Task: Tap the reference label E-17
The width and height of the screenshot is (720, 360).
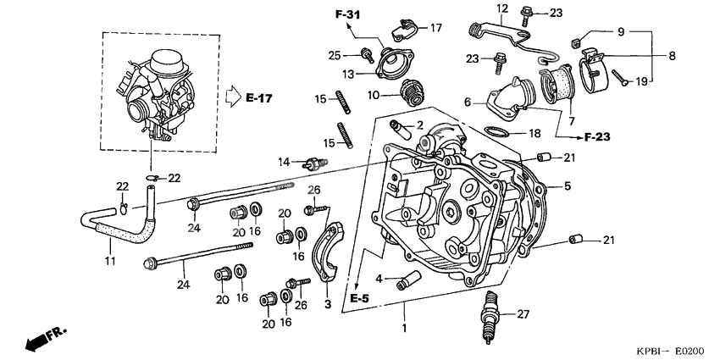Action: tap(259, 99)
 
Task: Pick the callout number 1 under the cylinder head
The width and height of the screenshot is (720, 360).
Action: tap(404, 327)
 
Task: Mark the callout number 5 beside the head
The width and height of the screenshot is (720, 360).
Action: tap(567, 186)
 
